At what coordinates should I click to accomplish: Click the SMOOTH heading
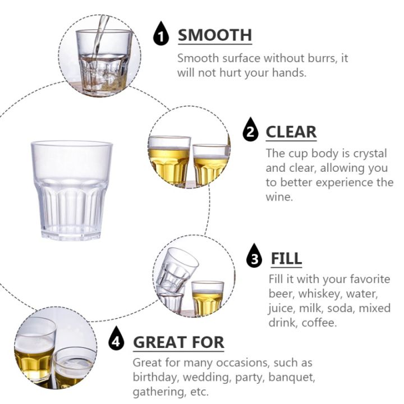point(215,35)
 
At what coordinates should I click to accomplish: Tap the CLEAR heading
point(291,132)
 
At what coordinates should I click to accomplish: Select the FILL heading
point(286,259)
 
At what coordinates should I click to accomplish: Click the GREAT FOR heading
point(178,342)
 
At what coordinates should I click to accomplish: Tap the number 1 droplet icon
point(162,36)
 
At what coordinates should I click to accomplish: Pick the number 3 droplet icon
point(255,259)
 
